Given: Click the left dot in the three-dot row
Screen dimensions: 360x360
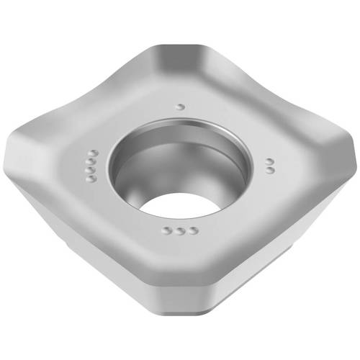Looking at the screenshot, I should (x=167, y=230).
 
